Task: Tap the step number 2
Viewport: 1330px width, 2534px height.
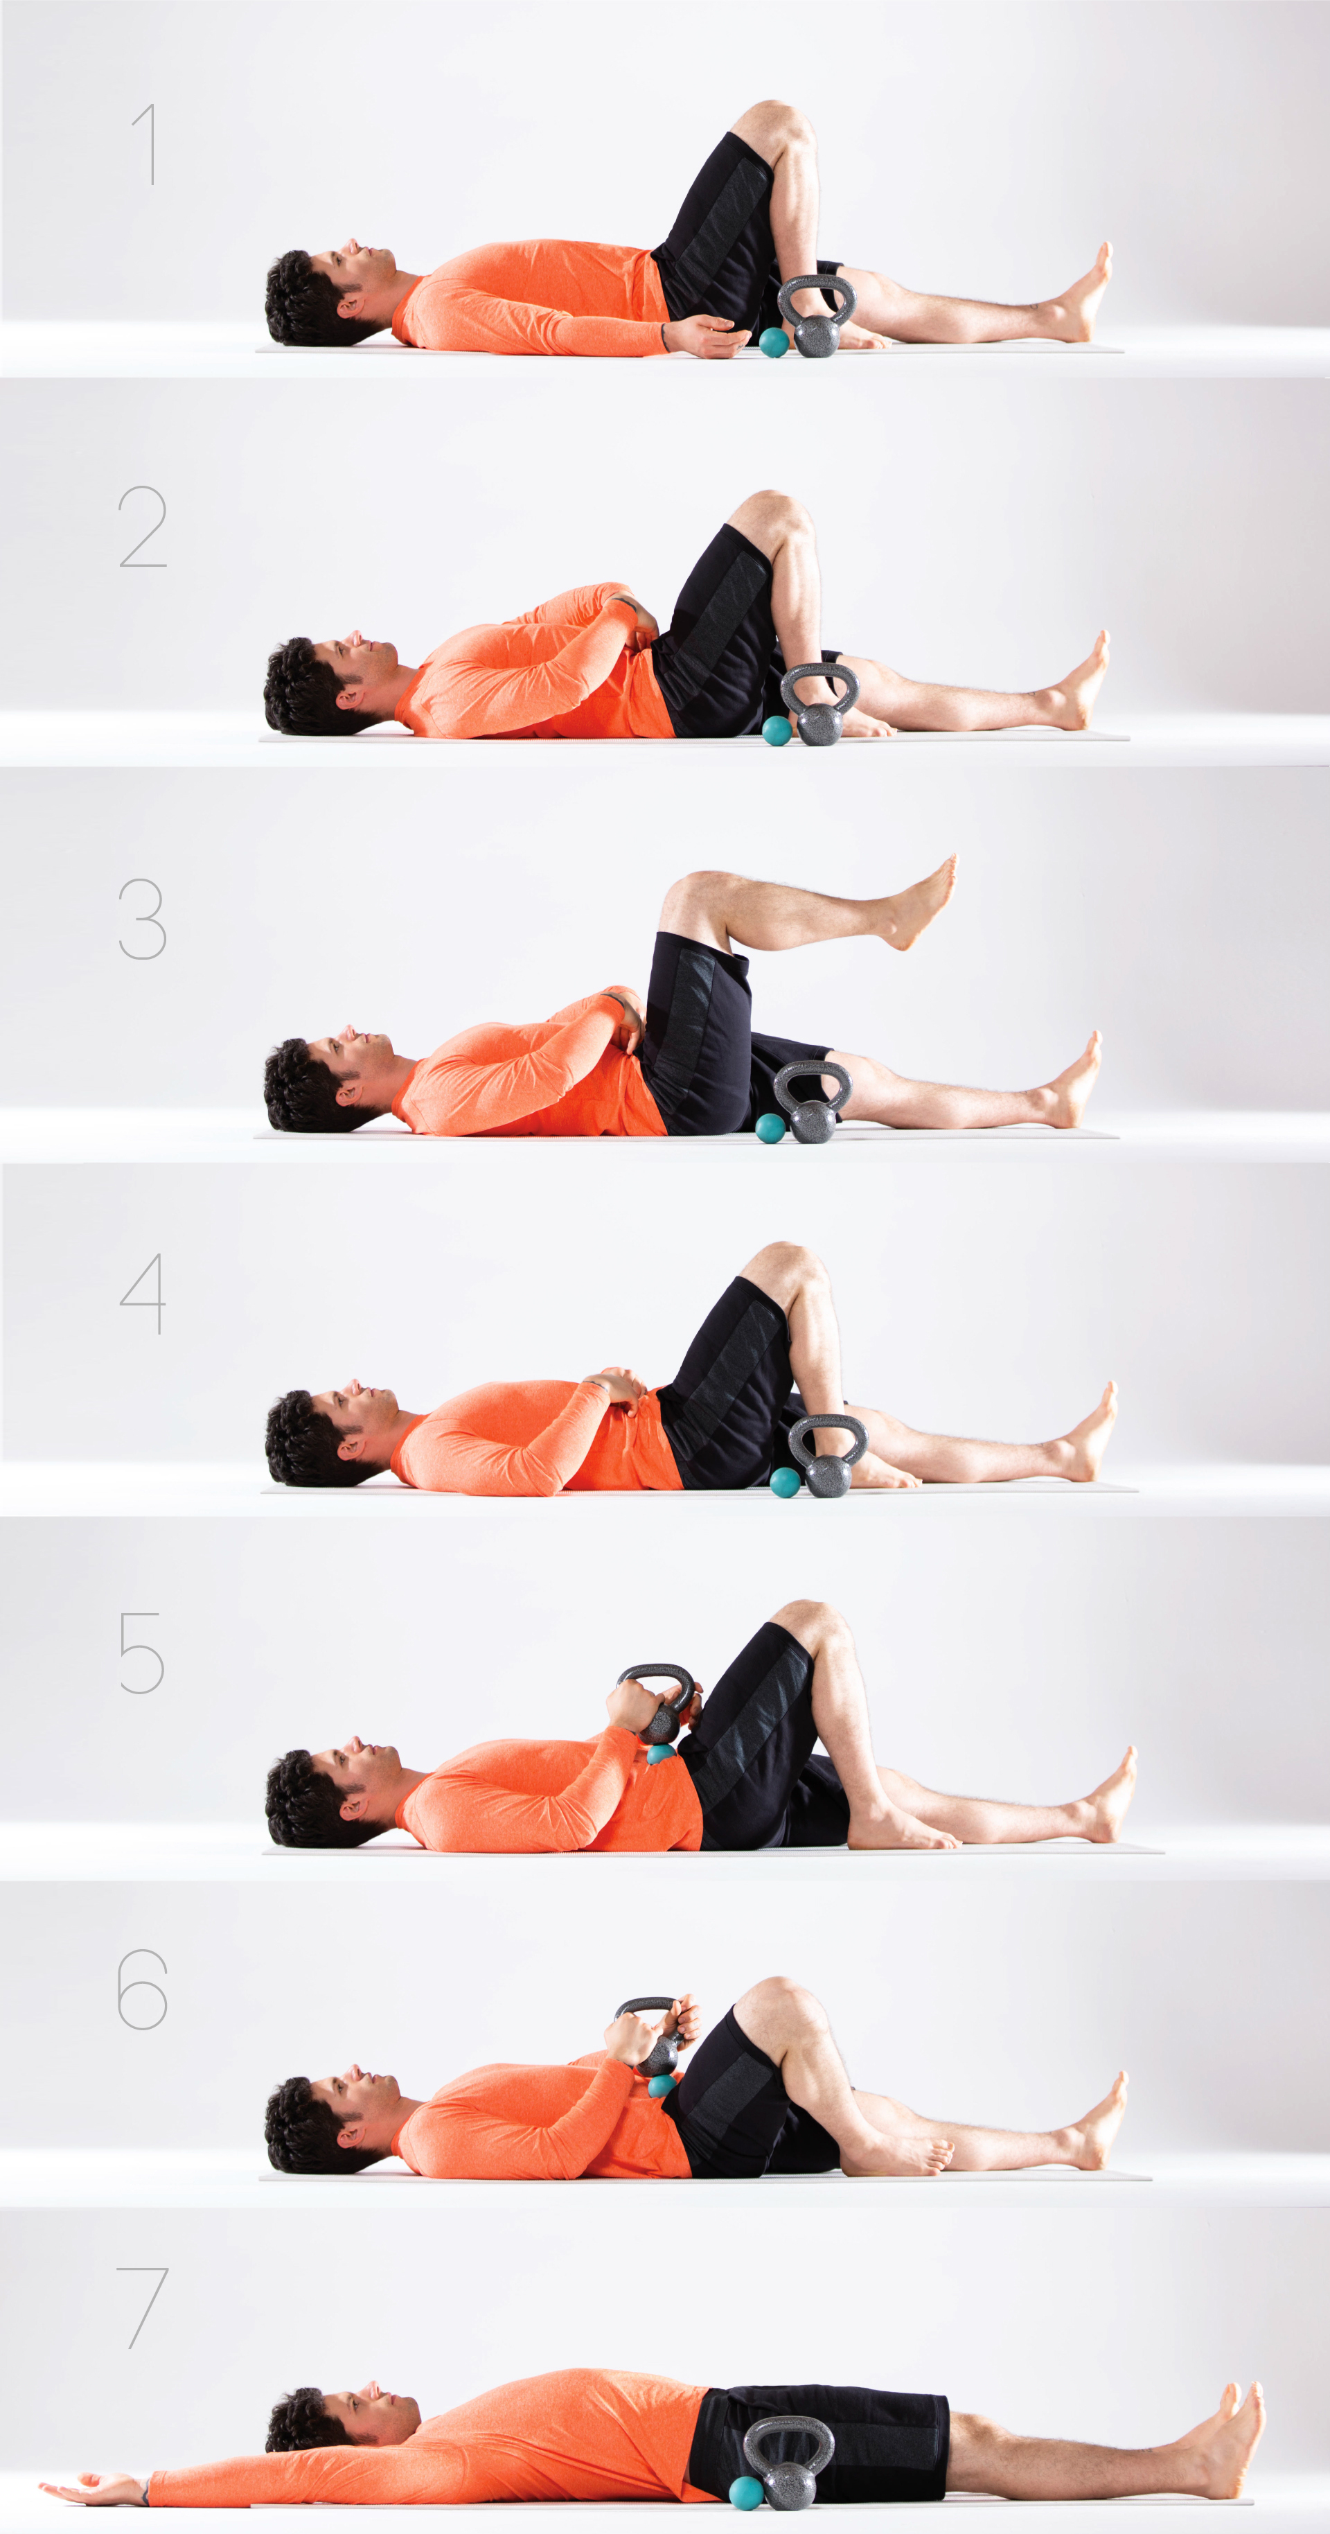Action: coord(143,527)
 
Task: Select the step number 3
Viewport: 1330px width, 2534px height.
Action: coord(143,919)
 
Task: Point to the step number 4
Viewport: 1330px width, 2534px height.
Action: coord(143,1294)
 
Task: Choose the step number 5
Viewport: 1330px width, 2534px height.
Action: coord(141,1653)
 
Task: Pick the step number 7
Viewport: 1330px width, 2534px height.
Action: coord(143,2307)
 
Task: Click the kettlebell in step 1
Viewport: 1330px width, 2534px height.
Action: coord(817,317)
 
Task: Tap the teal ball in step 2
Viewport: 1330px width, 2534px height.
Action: coord(777,730)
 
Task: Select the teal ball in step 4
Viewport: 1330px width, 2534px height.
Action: coord(785,1481)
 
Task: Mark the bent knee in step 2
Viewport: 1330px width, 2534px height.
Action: coord(777,511)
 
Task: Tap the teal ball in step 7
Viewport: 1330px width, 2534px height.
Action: coord(747,2491)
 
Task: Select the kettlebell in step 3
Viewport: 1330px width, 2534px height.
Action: coord(813,1102)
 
